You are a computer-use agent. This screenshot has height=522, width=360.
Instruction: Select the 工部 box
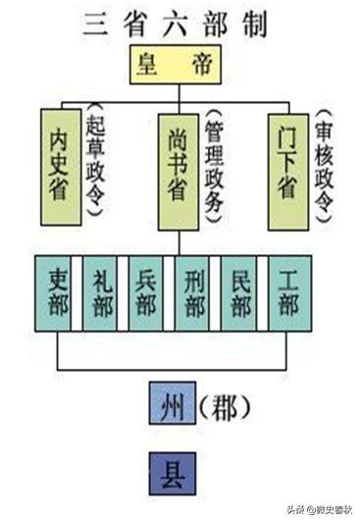click(288, 292)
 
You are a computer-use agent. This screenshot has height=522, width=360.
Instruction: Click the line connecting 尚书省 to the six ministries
click(178, 240)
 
